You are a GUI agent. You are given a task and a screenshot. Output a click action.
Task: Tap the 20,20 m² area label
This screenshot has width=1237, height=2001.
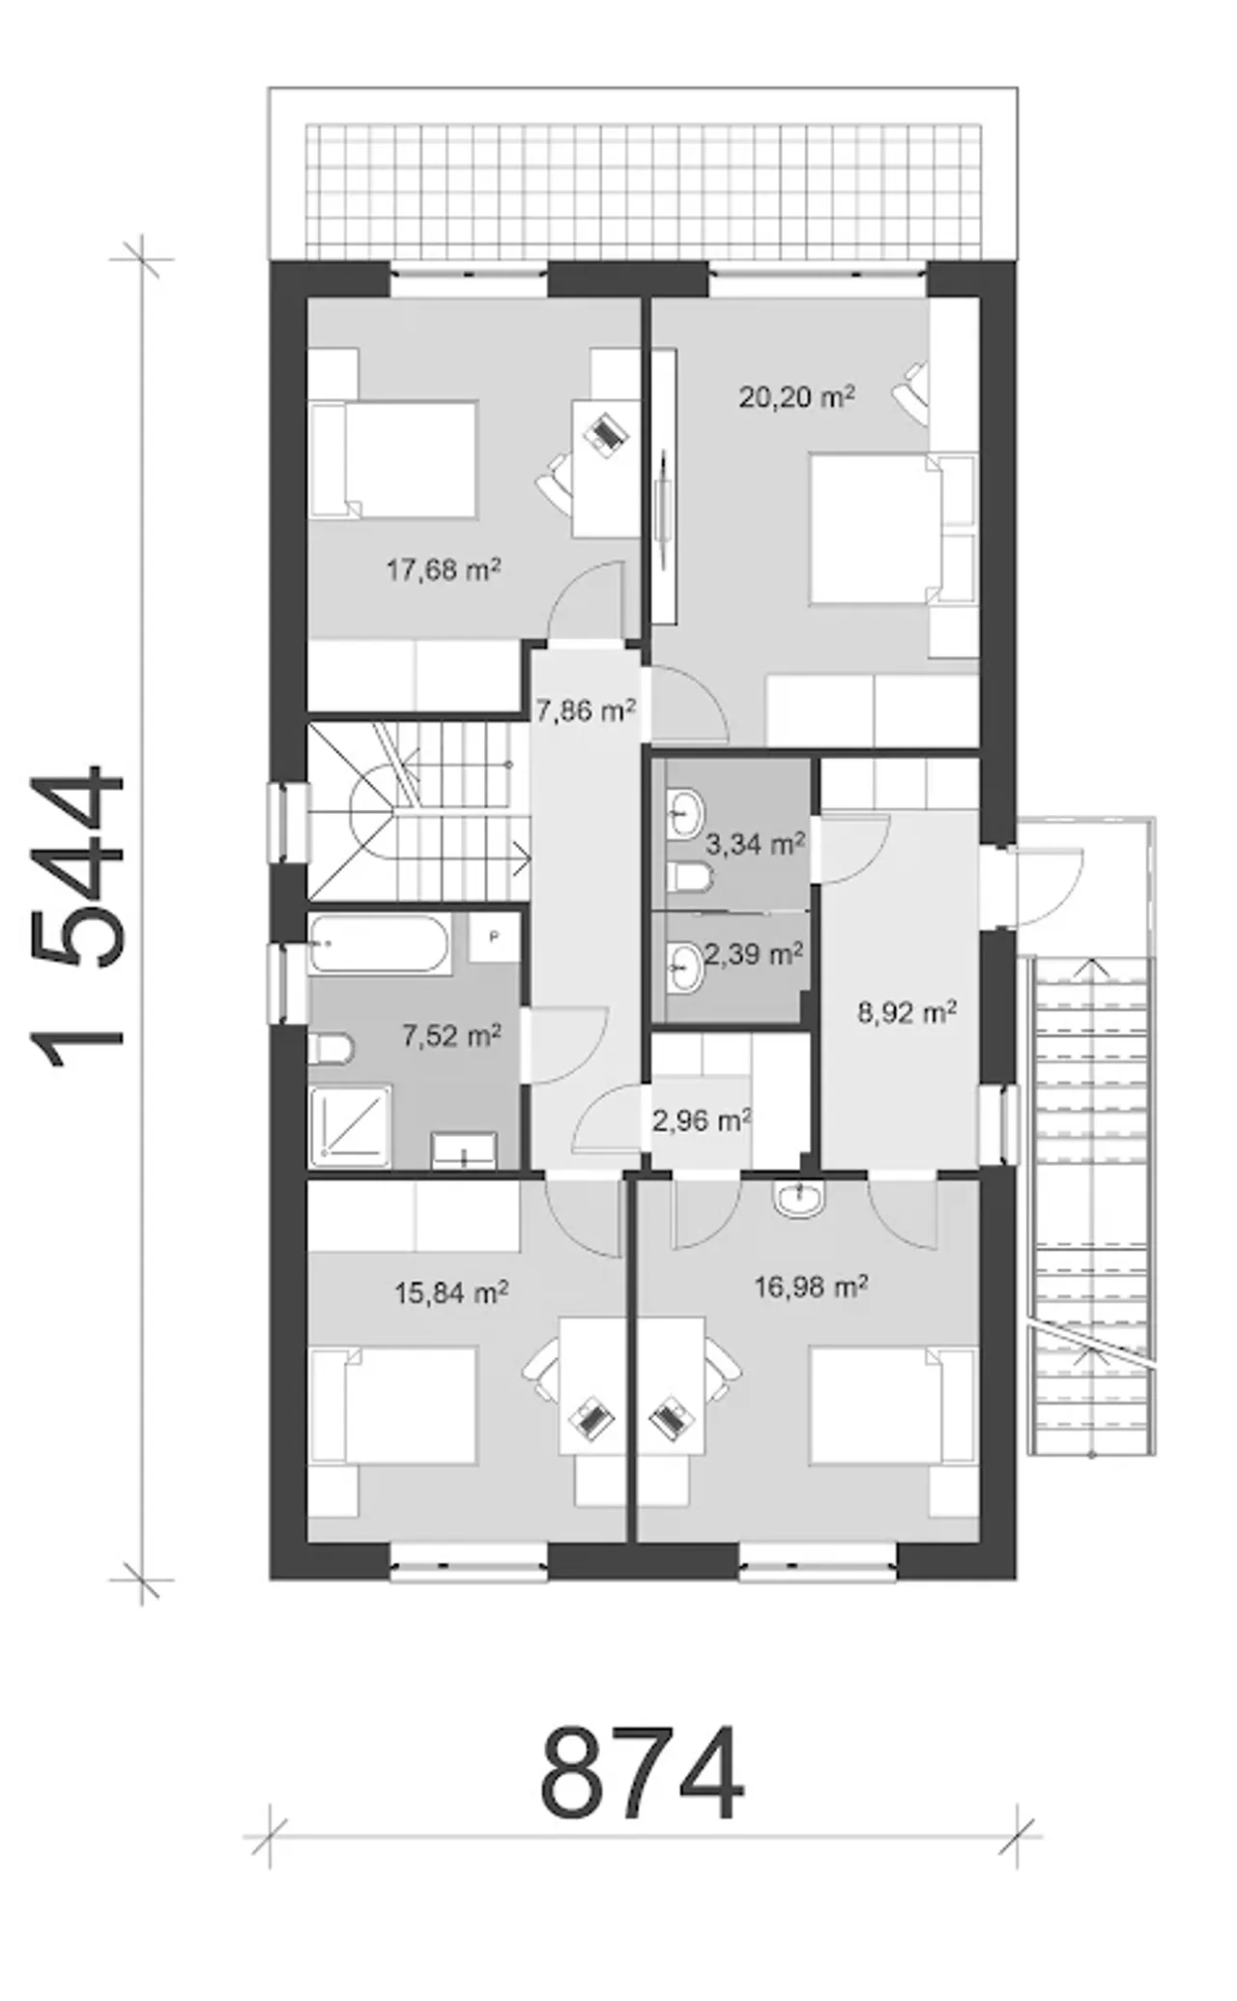coord(796,396)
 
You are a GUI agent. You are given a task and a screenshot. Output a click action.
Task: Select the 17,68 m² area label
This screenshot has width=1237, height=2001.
coord(444,569)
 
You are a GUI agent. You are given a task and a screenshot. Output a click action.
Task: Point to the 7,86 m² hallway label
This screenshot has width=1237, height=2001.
coord(586,711)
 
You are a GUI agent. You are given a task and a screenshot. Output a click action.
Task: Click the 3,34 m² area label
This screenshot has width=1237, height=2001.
coord(755,845)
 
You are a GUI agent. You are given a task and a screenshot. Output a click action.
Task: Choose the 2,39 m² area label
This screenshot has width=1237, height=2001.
coord(754,955)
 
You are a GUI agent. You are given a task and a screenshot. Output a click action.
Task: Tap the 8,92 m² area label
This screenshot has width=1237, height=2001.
coord(907,1012)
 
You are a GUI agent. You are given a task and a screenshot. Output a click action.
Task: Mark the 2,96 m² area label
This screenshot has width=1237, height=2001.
coord(702,1121)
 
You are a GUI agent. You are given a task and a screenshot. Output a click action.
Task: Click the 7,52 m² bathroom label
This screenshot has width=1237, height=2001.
coord(451,1037)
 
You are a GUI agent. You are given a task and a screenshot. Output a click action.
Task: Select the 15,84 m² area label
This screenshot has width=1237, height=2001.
coord(452,1292)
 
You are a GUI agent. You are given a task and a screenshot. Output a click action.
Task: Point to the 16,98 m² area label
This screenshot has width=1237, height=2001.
coord(810,1287)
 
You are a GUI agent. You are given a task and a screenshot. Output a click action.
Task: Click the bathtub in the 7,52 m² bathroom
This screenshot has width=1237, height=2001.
coord(379,943)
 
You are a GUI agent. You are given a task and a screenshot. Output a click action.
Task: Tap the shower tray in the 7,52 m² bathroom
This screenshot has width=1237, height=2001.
coord(350,1127)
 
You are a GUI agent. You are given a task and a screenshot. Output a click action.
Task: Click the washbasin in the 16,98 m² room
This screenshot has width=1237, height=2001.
coord(798,1198)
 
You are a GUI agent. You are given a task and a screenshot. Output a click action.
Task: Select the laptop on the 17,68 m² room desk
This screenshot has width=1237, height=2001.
coord(606,432)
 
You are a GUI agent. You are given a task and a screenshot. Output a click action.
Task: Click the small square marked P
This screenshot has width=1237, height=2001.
coord(494,937)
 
